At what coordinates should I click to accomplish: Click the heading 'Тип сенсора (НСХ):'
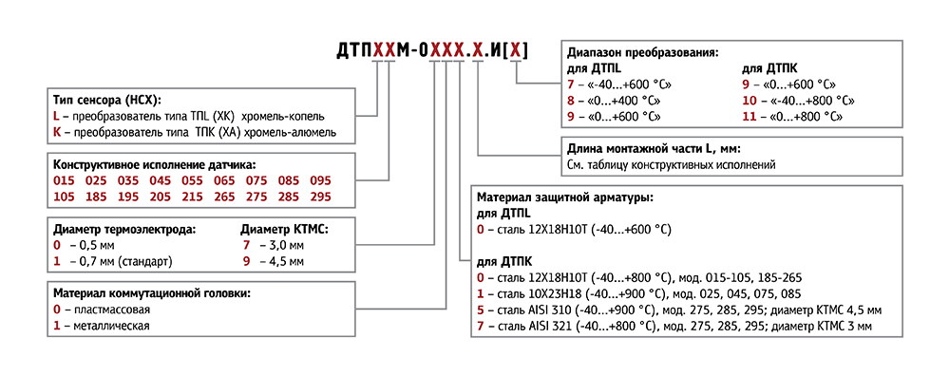click(x=107, y=100)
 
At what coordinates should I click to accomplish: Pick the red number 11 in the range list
click(x=750, y=116)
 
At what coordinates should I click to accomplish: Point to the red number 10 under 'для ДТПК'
click(x=750, y=100)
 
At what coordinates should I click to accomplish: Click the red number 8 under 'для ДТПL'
click(x=571, y=100)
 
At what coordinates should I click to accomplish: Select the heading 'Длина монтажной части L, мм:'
click(x=653, y=149)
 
